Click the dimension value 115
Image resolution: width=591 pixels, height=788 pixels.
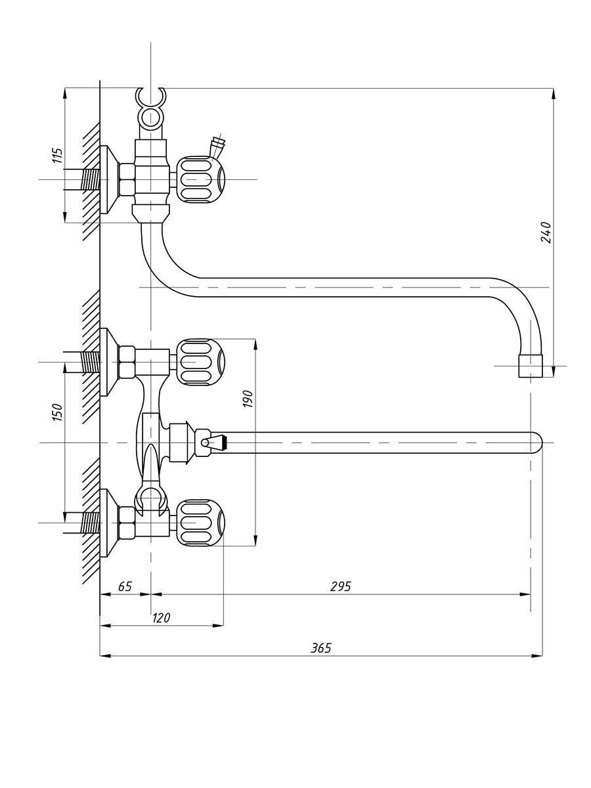[x=58, y=155]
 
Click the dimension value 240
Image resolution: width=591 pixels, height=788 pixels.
[x=546, y=232]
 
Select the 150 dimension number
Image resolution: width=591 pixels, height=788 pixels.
[x=58, y=412]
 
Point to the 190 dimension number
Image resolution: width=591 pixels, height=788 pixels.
[x=248, y=399]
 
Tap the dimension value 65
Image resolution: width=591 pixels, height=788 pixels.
[x=125, y=586]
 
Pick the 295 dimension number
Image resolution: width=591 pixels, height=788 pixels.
[x=341, y=586]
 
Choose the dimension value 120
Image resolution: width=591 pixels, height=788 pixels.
[x=161, y=618]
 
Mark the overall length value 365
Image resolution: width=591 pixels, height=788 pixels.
[x=321, y=648]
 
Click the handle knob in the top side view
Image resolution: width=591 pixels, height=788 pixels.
[x=200, y=179]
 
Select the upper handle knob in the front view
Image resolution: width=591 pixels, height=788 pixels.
[x=200, y=362]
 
